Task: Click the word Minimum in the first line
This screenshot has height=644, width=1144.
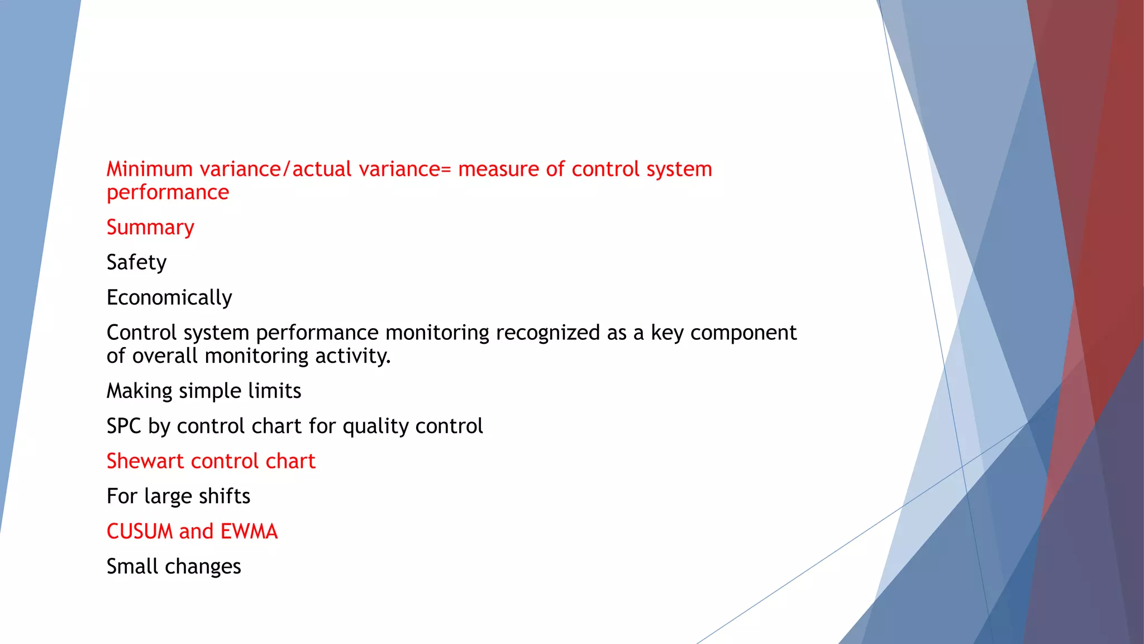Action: [149, 169]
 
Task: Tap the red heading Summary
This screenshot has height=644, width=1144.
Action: [150, 228]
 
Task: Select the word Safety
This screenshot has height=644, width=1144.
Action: [136, 263]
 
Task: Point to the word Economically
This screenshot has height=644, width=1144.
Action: [169, 298]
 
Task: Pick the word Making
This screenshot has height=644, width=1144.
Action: [139, 391]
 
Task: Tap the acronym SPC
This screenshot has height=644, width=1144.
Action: [123, 426]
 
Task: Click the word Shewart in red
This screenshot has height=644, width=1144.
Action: [145, 461]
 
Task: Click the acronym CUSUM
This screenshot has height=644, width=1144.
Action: [140, 532]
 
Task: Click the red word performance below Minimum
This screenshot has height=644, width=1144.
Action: [168, 193]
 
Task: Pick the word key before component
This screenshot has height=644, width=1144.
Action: [668, 333]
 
